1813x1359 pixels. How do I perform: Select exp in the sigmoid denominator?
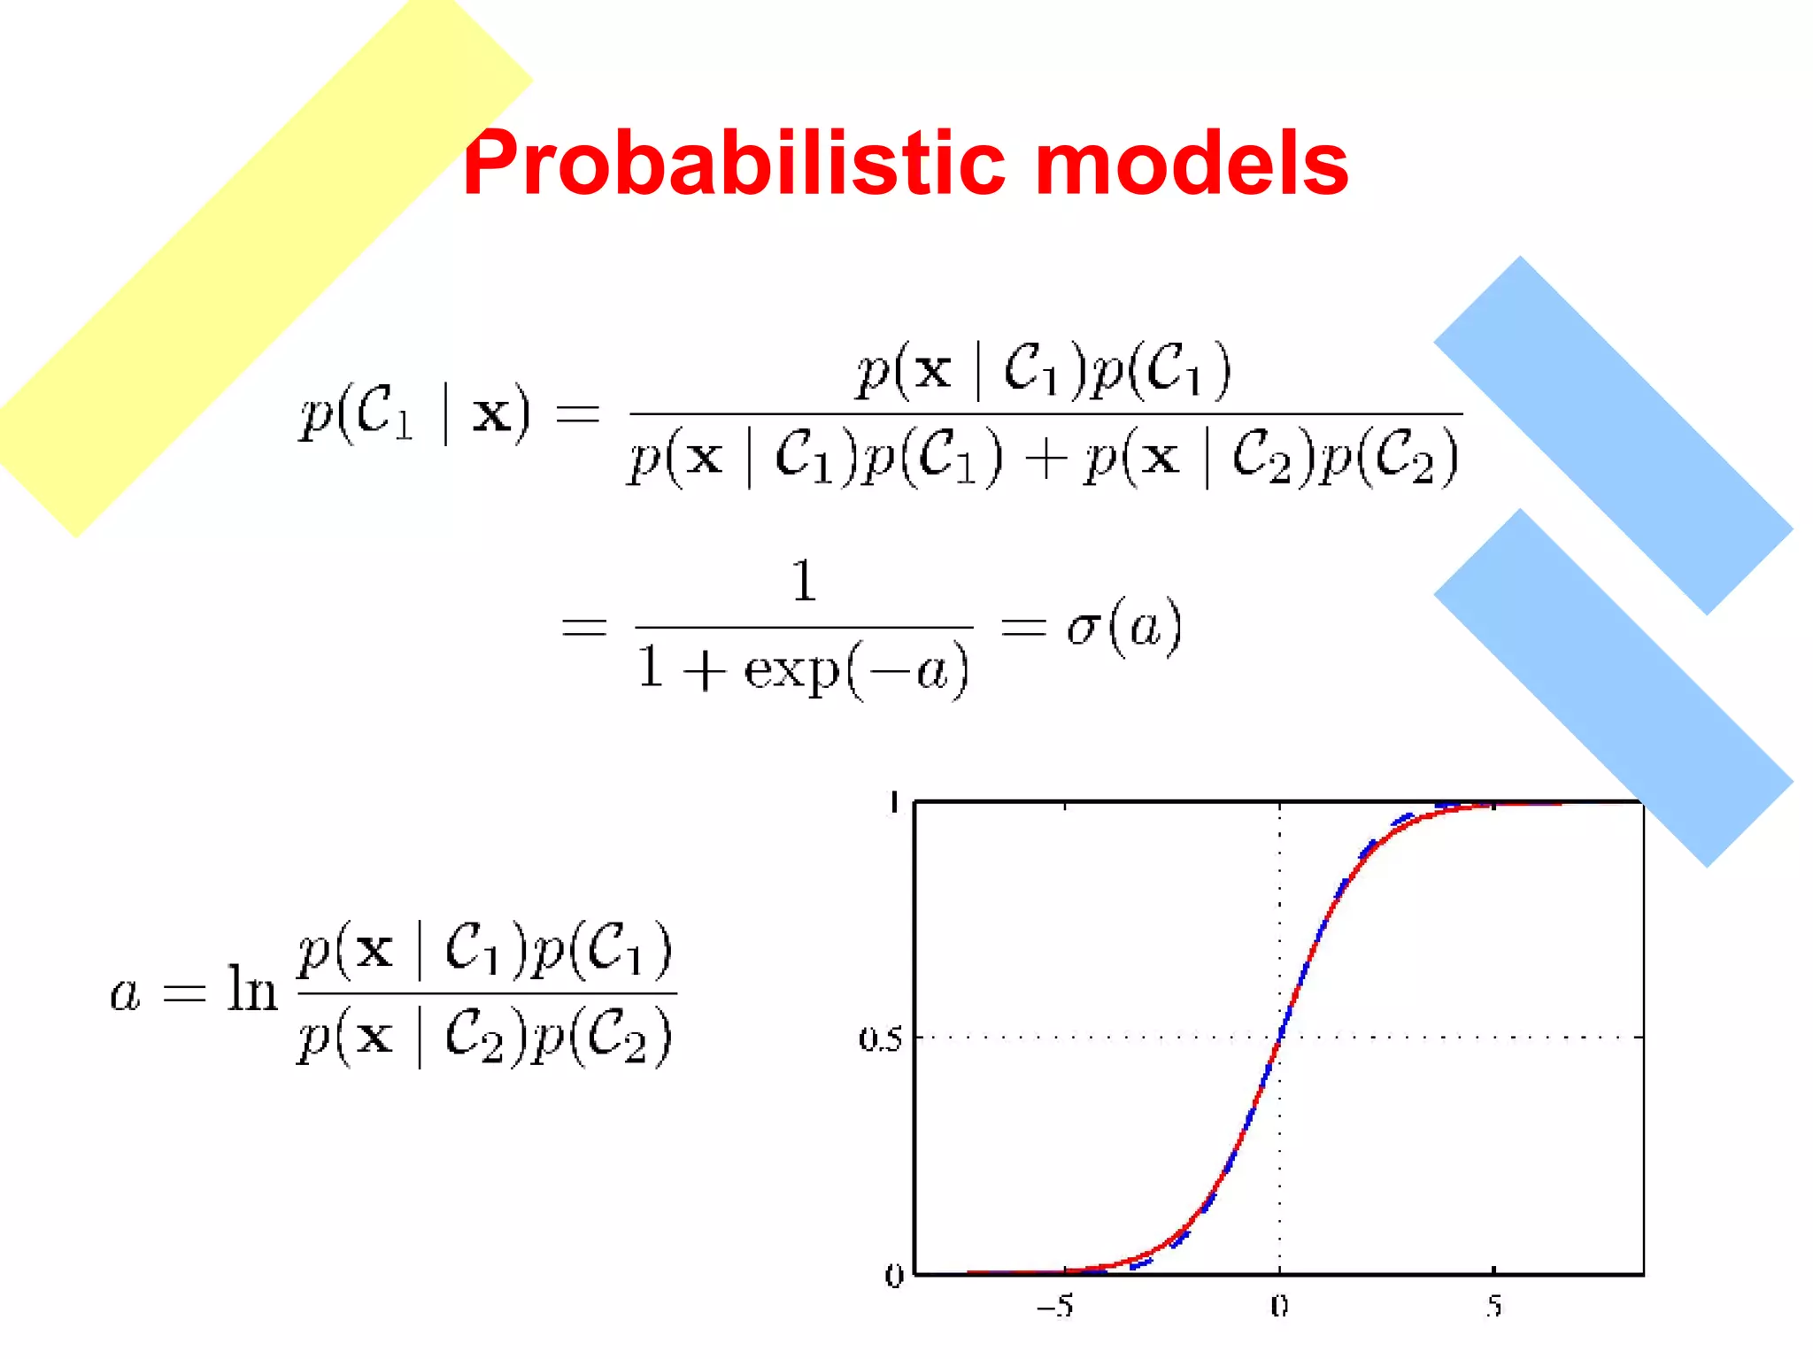791,670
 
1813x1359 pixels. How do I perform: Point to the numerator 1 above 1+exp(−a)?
804,581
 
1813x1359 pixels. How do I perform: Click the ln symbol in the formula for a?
251,989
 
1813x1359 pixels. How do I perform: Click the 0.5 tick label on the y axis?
879,1039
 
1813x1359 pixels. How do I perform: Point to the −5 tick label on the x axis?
1055,1306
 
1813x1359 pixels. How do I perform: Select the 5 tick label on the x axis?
1494,1306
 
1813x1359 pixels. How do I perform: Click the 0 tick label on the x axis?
1279,1306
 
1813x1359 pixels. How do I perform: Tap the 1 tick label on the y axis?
894,802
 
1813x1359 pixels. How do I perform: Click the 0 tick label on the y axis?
894,1276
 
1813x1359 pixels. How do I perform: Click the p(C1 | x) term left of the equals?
416,413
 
